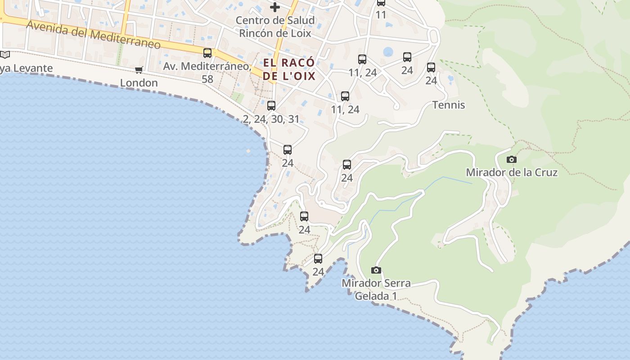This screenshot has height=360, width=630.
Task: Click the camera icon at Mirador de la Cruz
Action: click(x=511, y=159)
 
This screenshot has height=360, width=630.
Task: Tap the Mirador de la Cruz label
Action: click(x=512, y=172)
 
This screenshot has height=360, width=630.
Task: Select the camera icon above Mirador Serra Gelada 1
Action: click(x=376, y=270)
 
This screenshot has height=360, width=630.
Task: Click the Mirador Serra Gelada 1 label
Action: click(x=376, y=289)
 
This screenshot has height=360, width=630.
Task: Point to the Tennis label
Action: click(x=449, y=105)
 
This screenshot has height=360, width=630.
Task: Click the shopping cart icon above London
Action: click(x=139, y=70)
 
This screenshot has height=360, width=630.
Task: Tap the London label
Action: click(x=139, y=83)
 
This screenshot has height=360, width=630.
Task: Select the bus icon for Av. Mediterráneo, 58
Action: click(x=207, y=53)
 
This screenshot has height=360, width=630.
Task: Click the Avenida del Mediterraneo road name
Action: click(x=94, y=35)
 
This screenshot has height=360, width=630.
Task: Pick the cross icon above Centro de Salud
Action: click(x=274, y=7)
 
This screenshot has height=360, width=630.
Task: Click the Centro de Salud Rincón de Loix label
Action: click(x=275, y=27)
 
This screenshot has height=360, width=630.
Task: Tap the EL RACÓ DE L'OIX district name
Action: click(x=289, y=69)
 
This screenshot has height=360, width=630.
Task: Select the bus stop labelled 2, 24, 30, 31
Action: click(x=271, y=106)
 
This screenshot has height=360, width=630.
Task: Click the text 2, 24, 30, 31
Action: click(x=271, y=119)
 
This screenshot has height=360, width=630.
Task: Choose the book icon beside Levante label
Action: click(x=4, y=55)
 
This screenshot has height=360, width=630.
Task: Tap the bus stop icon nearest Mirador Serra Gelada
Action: click(x=318, y=259)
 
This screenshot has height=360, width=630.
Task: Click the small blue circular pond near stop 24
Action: click(x=388, y=52)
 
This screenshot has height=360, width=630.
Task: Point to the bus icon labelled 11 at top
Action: click(x=381, y=3)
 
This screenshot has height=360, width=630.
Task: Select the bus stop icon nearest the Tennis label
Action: click(x=431, y=67)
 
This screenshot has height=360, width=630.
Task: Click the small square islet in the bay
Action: click(x=248, y=151)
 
